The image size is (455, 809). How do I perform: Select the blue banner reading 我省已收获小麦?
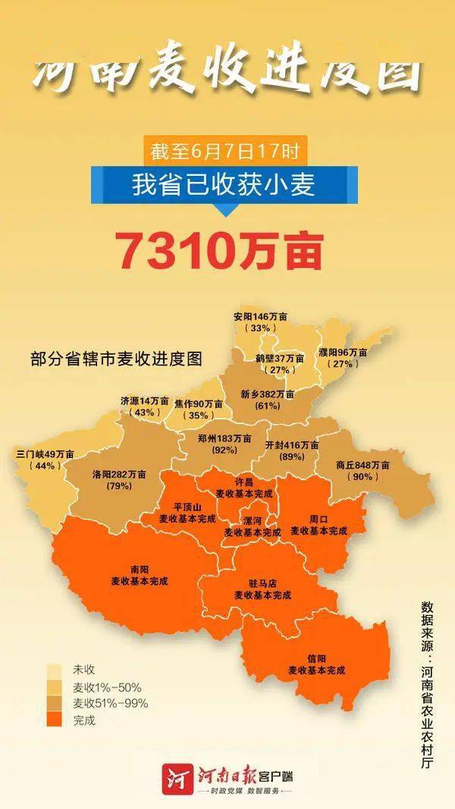click(224, 184)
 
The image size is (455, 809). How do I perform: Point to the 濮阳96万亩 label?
click(341, 353)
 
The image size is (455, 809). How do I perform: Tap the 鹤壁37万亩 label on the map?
click(280, 358)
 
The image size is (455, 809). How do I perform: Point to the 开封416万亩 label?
click(292, 445)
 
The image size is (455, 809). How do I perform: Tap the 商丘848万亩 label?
click(362, 465)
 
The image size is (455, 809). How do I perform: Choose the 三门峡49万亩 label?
click(45, 454)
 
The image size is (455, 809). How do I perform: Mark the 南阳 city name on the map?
click(139, 569)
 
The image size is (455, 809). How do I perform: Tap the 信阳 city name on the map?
click(316, 659)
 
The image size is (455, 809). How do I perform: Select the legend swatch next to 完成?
click(54, 720)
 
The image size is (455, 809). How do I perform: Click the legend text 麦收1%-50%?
click(107, 687)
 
